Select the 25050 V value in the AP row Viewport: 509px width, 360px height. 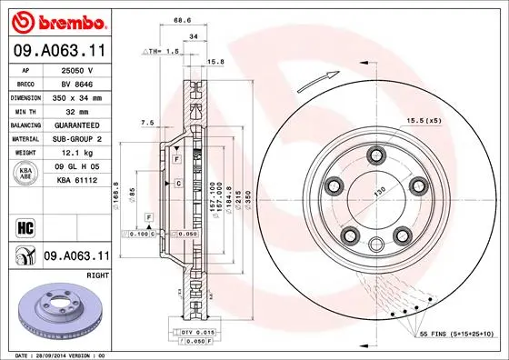78,69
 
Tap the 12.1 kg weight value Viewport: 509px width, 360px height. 78,153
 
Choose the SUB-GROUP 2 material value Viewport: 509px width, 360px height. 78,138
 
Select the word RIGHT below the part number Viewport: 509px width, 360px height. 98,272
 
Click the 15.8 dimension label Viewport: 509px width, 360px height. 216,62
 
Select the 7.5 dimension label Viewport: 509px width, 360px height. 146,122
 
